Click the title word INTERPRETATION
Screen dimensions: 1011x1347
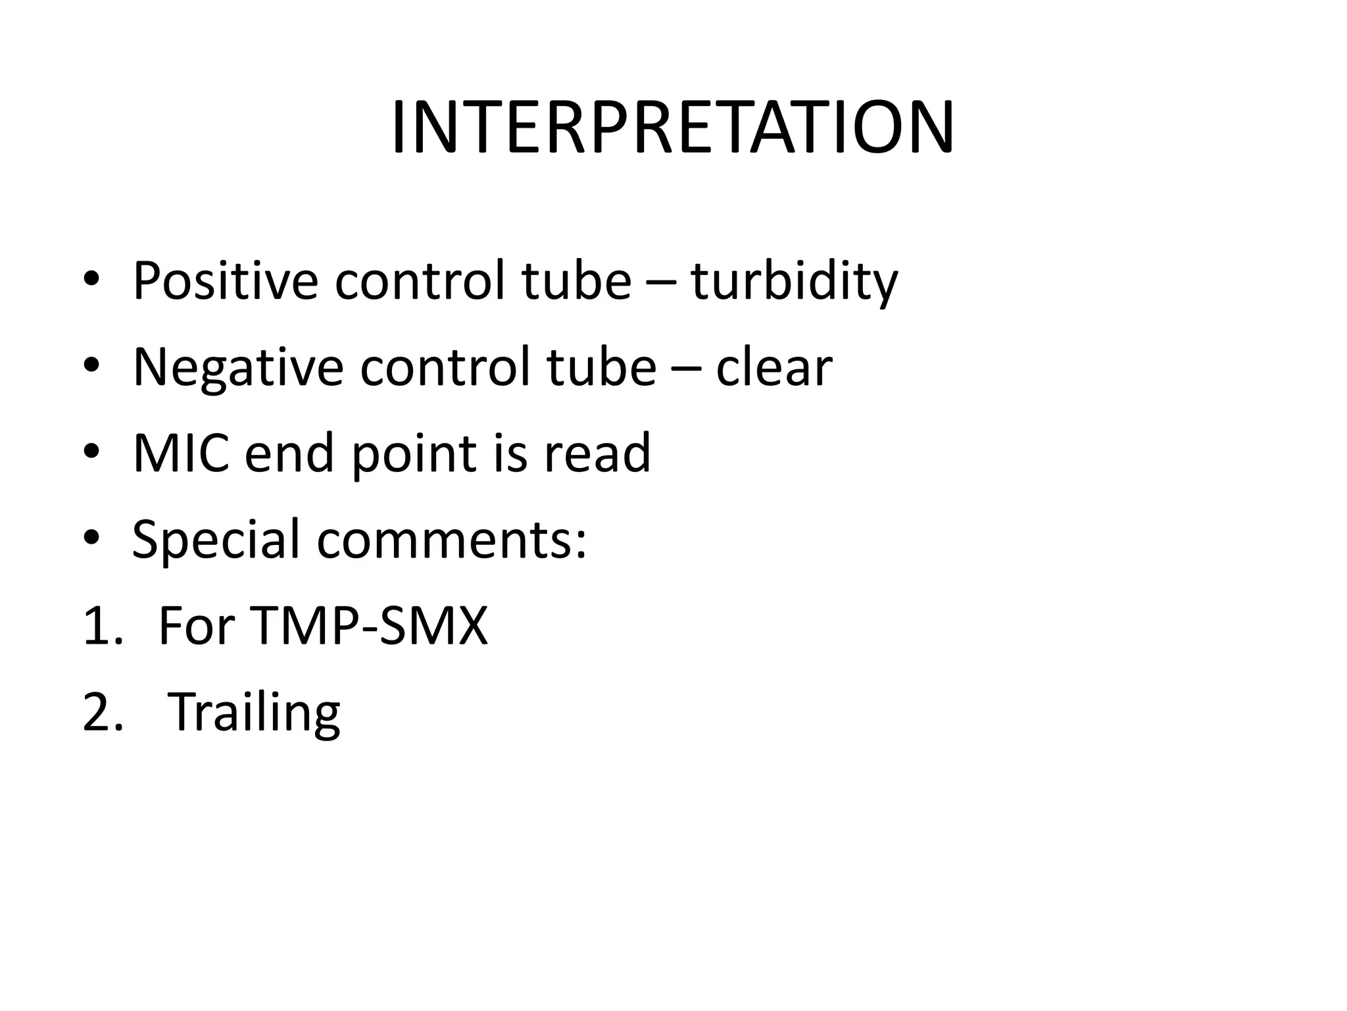point(672,128)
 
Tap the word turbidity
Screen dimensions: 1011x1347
point(794,281)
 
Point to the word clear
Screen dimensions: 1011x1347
point(774,367)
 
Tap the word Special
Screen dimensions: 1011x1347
point(216,540)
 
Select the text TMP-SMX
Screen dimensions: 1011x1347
point(369,625)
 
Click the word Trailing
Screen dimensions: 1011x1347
point(254,712)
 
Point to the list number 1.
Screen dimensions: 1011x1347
point(101,625)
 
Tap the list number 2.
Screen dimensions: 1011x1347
point(103,712)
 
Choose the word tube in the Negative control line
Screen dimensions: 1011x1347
point(601,367)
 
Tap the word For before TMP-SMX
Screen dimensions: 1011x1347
point(197,625)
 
